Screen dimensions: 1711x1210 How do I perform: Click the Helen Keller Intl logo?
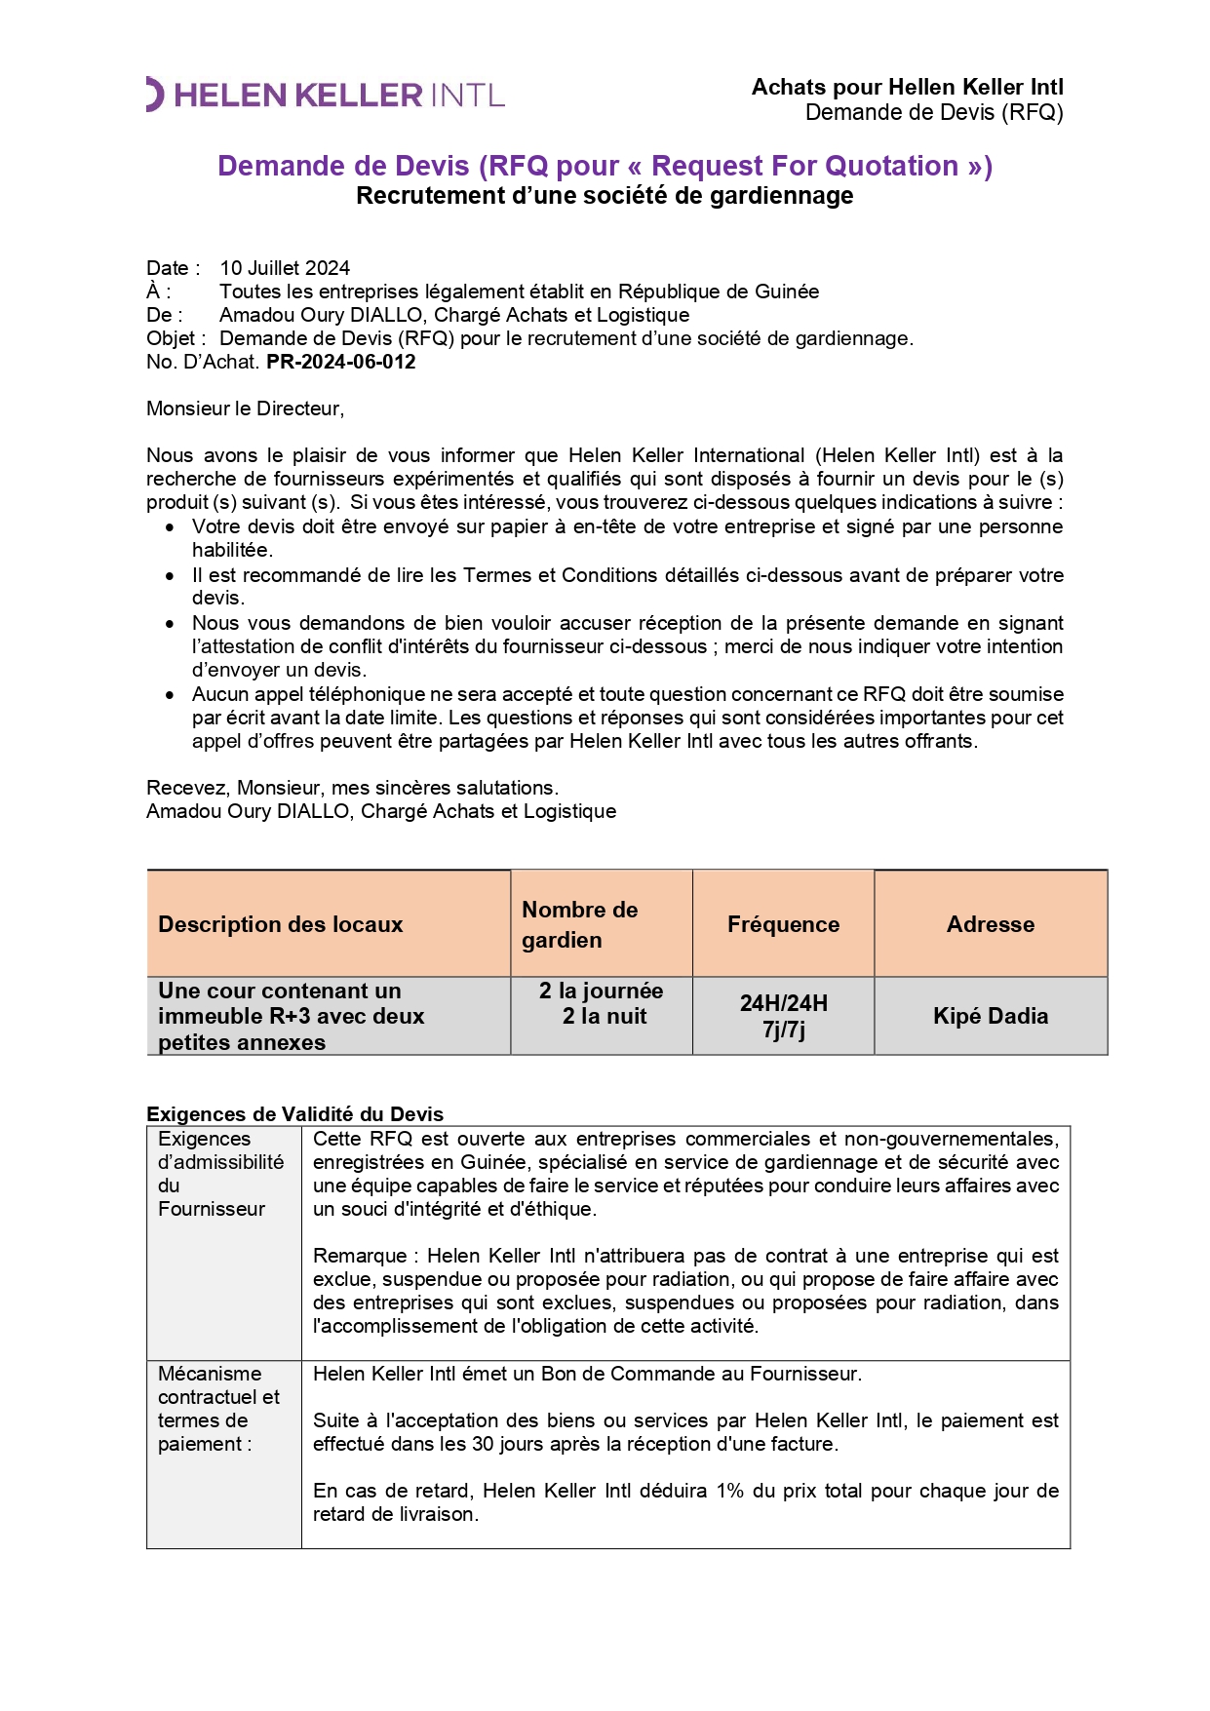pos(326,95)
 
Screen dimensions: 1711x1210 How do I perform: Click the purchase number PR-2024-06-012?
pos(341,362)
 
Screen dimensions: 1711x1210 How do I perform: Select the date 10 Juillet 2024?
pos(285,268)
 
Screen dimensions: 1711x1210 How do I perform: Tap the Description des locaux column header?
pos(281,924)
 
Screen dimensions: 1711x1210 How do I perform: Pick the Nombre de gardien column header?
pos(580,924)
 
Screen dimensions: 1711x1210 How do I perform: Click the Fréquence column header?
pos(783,924)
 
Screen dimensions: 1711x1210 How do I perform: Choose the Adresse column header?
pos(991,924)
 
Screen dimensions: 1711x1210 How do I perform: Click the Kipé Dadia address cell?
pos(991,1016)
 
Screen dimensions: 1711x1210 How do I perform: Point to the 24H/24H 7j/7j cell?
pos(783,1016)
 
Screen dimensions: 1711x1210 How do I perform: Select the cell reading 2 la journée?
pos(601,992)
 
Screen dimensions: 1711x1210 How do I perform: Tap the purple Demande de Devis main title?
pos(605,166)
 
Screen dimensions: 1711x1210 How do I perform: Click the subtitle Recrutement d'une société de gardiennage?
pos(605,196)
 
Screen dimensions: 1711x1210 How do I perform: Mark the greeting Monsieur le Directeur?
pos(246,408)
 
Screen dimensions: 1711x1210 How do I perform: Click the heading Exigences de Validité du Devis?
pos(294,1114)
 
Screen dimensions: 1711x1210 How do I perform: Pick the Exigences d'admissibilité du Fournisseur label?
pos(220,1174)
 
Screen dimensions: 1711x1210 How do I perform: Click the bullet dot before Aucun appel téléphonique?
pos(171,695)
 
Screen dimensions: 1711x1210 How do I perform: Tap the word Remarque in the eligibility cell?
pos(360,1256)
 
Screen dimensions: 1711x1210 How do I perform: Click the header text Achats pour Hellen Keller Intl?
pos(907,88)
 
